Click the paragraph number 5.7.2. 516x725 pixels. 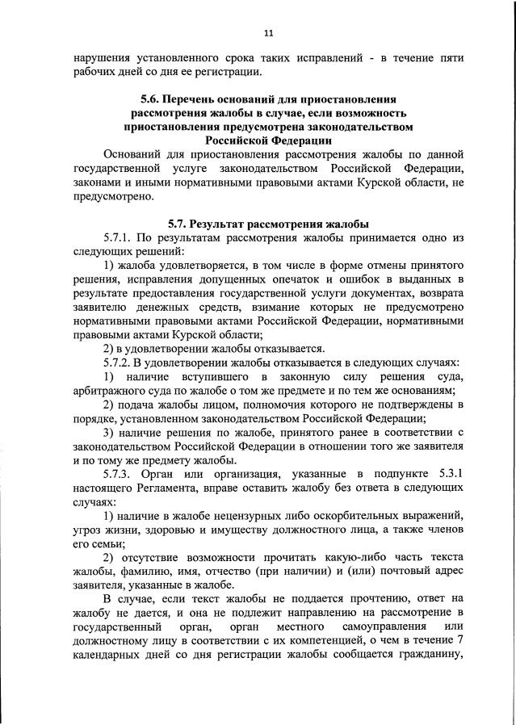click(x=119, y=362)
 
